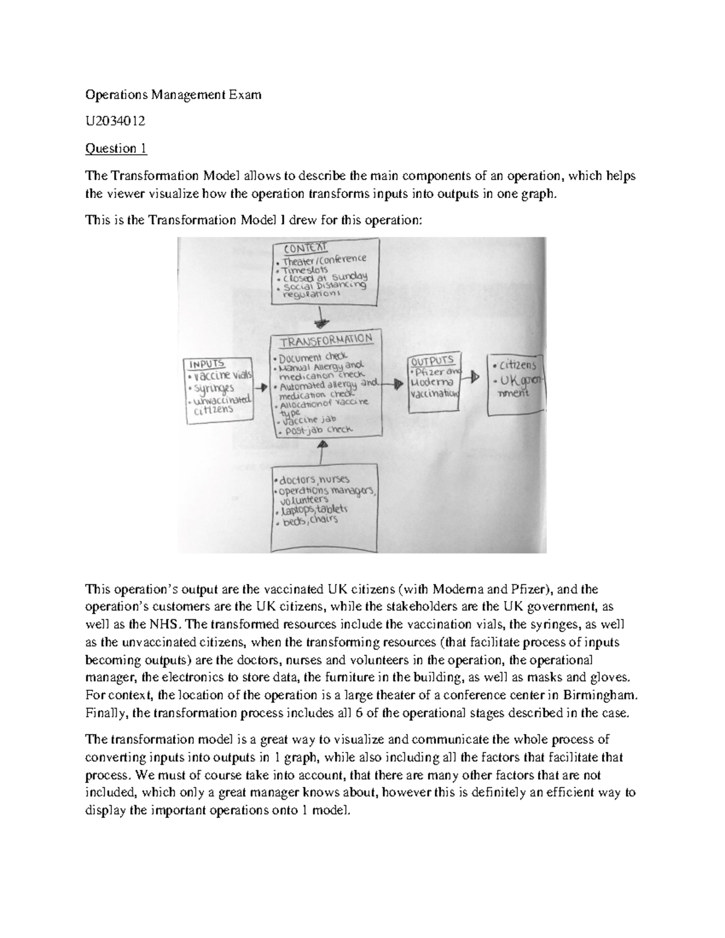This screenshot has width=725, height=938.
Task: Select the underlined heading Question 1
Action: (x=116, y=149)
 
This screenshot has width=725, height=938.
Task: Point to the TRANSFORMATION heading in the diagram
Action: (x=326, y=340)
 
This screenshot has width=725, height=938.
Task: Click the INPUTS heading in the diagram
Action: (x=207, y=364)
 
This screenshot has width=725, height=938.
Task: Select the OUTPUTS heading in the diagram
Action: (x=433, y=361)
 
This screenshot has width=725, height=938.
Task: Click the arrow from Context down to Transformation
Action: (x=323, y=319)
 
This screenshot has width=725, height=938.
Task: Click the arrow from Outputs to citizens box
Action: (x=474, y=376)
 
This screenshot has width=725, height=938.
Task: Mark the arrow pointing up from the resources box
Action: (x=323, y=451)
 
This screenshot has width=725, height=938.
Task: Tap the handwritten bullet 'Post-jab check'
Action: (x=318, y=430)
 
